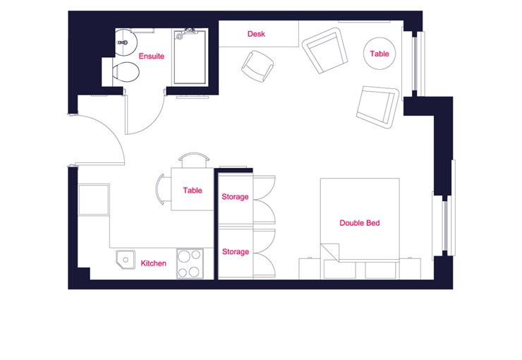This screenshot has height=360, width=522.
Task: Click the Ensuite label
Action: pos(151,56)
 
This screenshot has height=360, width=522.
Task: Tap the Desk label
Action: pos(256,34)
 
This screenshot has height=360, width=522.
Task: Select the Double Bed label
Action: pos(360,223)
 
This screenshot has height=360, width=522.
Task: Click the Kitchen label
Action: pos(153,263)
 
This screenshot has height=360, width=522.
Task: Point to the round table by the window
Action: pos(380,53)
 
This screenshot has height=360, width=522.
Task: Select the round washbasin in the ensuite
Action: pos(126,42)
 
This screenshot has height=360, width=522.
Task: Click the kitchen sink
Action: pos(126,260)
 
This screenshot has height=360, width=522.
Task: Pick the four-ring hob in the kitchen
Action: pos(190,264)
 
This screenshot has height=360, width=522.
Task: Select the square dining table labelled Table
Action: pos(192,189)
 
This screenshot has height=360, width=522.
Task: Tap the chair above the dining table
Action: pos(194,160)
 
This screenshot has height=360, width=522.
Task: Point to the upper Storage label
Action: pos(235,197)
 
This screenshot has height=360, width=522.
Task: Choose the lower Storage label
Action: pos(236,252)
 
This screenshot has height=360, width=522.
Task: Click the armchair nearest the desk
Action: pos(324,50)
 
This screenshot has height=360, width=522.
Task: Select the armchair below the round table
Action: pos(377,107)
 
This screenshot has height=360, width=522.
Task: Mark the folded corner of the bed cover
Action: pos(329,252)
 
